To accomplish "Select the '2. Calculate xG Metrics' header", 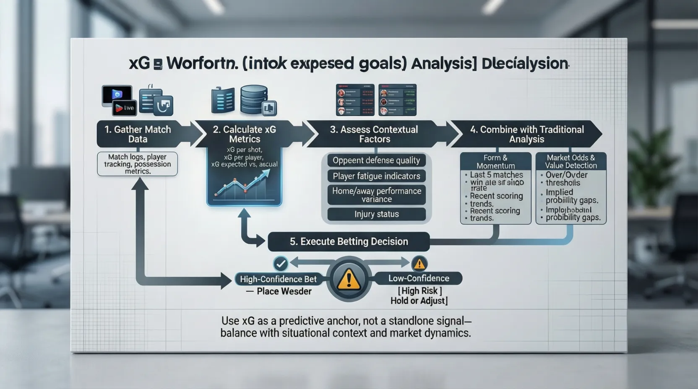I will [x=245, y=134].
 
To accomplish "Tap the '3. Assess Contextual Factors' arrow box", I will [x=374, y=134].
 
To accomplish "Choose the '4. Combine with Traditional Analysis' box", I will [x=526, y=134].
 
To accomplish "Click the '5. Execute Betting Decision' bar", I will [x=349, y=241].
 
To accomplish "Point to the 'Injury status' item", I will [x=376, y=214].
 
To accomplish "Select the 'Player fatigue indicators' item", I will [x=376, y=176].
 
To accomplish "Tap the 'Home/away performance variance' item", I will [x=376, y=195].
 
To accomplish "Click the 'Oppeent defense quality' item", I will [x=376, y=160].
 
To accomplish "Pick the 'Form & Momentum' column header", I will [x=495, y=161].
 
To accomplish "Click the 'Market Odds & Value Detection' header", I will [x=570, y=161].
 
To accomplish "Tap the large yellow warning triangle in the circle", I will [x=349, y=280].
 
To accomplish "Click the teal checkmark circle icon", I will [x=280, y=264].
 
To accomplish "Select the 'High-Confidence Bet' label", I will [x=278, y=279].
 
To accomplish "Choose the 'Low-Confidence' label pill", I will [x=418, y=278].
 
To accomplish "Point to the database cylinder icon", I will [x=254, y=99].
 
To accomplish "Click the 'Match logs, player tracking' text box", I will [x=137, y=163].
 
